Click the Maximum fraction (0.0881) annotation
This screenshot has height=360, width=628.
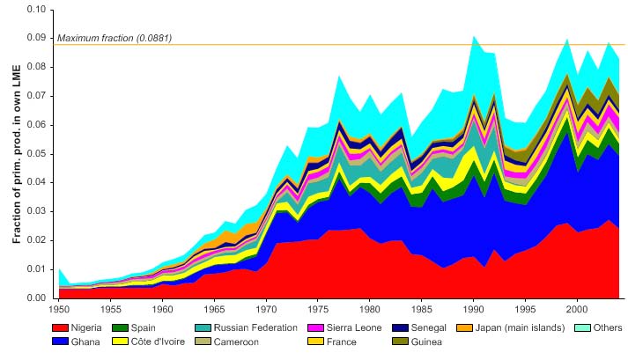point(114,38)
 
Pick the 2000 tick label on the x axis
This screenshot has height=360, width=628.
point(577,310)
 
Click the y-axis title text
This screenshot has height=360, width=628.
point(15,154)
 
